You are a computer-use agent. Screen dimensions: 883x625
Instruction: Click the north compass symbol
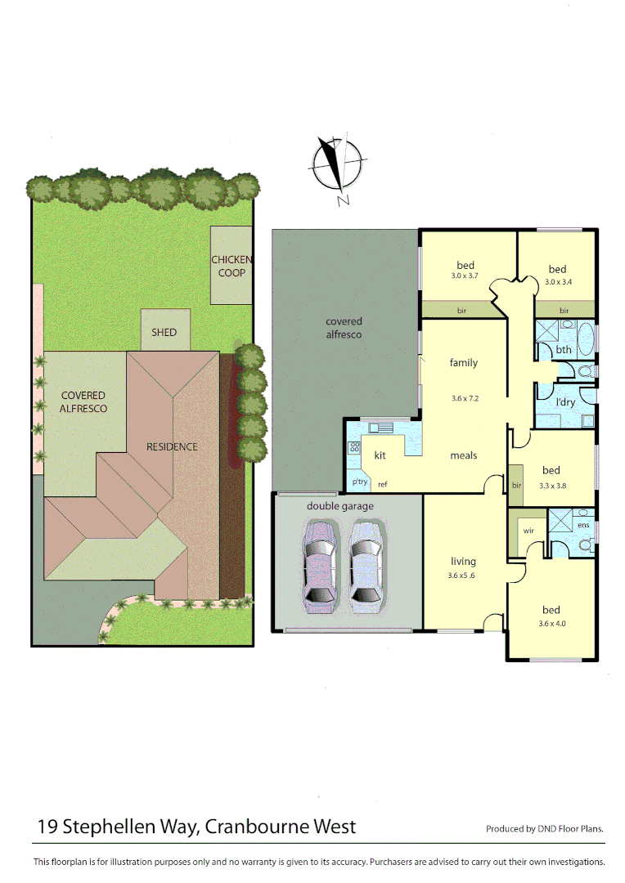pos(335,167)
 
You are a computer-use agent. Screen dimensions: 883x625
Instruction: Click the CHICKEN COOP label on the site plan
pos(232,266)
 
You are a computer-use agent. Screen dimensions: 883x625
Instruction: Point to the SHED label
pos(164,333)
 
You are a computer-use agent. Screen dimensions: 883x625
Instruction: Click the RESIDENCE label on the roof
pos(172,446)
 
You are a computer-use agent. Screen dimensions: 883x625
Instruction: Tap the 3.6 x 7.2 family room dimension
pos(464,399)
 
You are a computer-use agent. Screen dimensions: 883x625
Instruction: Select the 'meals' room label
pos(464,455)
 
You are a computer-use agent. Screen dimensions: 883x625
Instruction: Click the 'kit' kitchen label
pos(380,455)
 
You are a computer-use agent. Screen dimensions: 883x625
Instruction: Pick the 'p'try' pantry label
pos(360,482)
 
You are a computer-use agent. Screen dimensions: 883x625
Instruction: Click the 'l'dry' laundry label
pos(566,403)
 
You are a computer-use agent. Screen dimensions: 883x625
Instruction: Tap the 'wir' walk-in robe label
pos(528,531)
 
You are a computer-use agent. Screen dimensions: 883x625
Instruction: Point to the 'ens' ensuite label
pos(583,524)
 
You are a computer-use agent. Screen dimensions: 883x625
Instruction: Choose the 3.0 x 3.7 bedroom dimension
pos(464,276)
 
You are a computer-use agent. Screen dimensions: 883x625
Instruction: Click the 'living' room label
pos(463,562)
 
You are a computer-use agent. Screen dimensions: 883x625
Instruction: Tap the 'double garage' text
pos(340,506)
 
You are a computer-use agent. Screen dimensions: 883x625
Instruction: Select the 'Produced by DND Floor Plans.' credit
pos(545,829)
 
